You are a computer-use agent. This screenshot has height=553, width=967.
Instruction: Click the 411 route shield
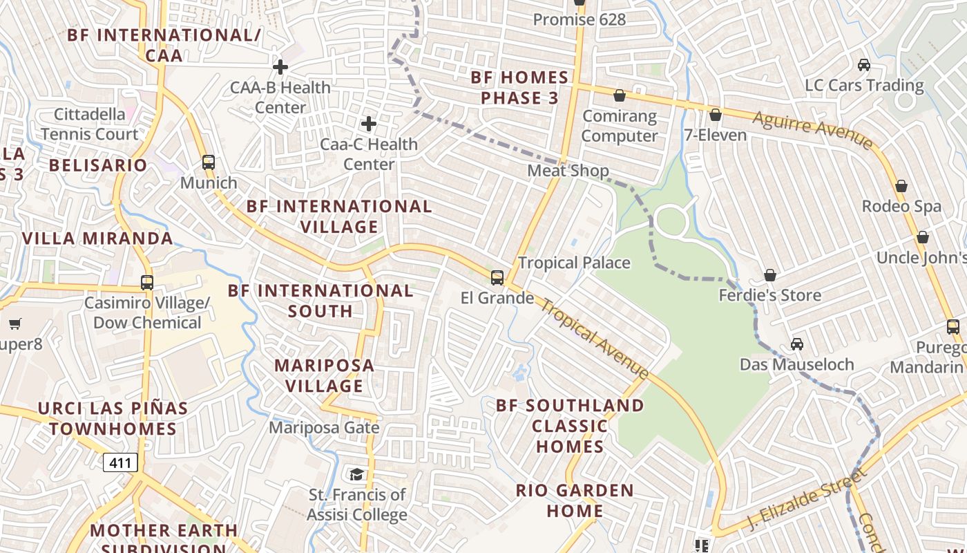120,462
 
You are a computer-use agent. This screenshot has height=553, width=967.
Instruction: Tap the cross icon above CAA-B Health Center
280,67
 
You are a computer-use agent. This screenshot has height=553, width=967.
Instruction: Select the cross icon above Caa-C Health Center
369,124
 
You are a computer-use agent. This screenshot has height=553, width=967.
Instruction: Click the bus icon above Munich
209,162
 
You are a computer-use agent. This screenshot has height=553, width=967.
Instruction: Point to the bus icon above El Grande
497,278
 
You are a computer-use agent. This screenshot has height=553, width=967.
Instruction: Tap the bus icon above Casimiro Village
147,282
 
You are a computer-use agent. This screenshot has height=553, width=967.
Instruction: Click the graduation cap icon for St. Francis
356,474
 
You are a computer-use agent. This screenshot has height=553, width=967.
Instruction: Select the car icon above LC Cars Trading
863,65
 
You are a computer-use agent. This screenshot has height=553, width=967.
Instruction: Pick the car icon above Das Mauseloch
796,344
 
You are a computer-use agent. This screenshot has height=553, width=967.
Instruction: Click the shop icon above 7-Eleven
716,115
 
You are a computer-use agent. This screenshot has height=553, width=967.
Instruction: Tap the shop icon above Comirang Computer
620,95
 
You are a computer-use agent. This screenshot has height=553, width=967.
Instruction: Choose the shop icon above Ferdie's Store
770,275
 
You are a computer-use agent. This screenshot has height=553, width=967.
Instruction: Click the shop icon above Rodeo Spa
901,186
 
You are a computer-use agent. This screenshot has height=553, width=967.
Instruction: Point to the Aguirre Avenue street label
812,129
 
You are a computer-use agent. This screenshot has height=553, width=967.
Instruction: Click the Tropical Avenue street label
594,338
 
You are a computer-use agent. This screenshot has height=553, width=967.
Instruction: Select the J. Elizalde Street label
806,499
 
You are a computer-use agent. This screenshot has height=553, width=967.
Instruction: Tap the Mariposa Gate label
324,427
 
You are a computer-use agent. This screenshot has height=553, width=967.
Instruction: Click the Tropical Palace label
574,263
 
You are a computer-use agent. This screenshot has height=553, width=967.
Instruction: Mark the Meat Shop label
568,170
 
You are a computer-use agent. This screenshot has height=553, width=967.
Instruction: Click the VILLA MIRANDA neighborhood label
97,238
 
